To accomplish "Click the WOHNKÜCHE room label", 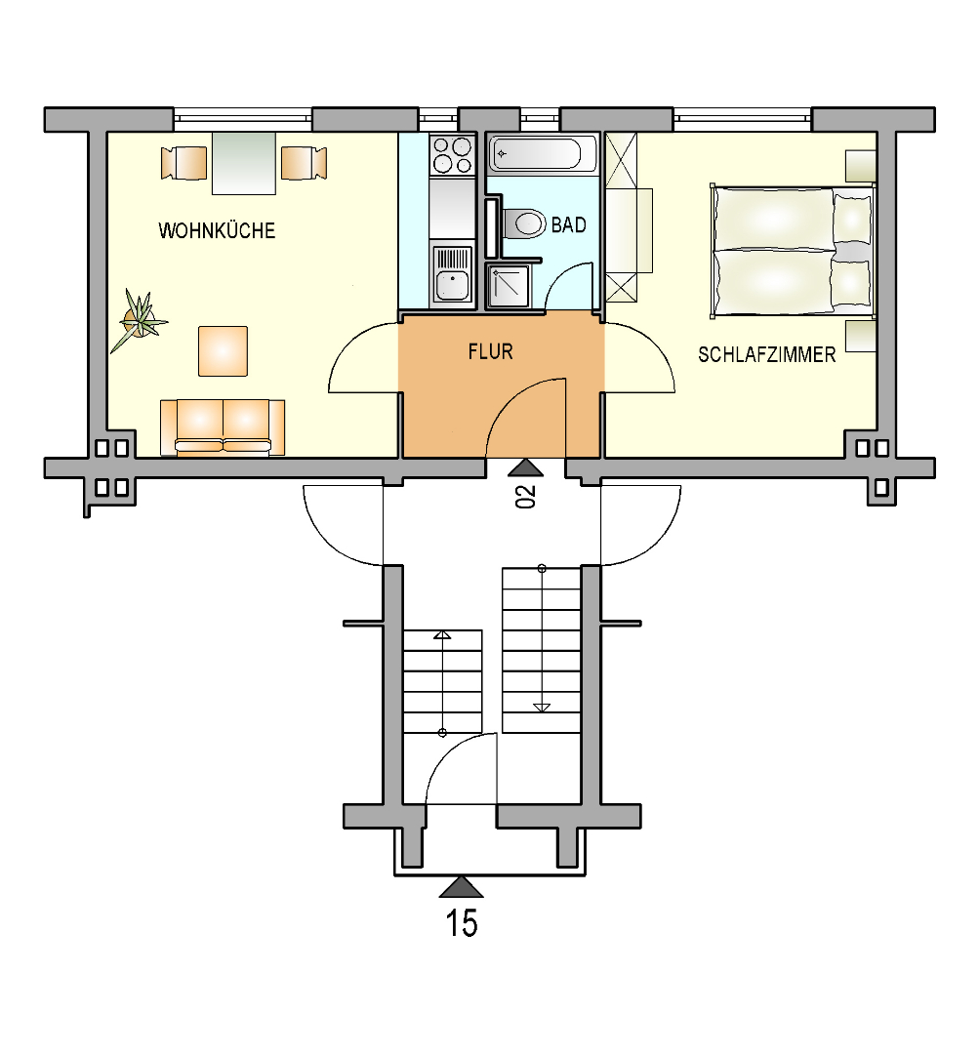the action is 217,230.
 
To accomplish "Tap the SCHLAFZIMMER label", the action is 766,354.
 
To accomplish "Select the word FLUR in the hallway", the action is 490,351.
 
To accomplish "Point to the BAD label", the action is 568,224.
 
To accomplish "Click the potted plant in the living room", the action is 140,320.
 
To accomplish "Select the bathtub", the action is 543,154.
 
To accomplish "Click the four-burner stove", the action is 453,154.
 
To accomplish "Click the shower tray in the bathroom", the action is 509,286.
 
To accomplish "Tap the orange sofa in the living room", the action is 223,427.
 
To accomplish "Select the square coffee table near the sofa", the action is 223,351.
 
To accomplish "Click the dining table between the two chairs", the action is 243,163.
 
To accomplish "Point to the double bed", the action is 792,252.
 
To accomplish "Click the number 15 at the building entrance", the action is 462,923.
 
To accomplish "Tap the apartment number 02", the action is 526,496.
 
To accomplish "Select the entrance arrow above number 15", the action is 462,886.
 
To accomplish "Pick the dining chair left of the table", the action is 184,163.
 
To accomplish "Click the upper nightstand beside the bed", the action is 861,166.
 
